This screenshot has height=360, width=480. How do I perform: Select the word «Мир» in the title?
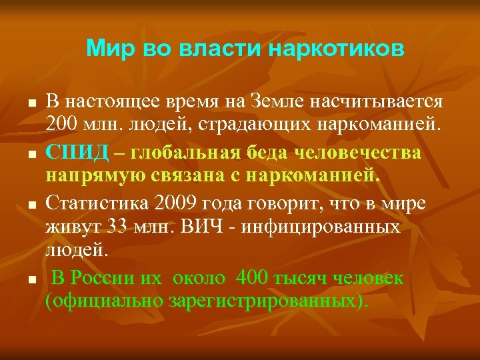108,49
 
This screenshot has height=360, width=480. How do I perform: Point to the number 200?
61,125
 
